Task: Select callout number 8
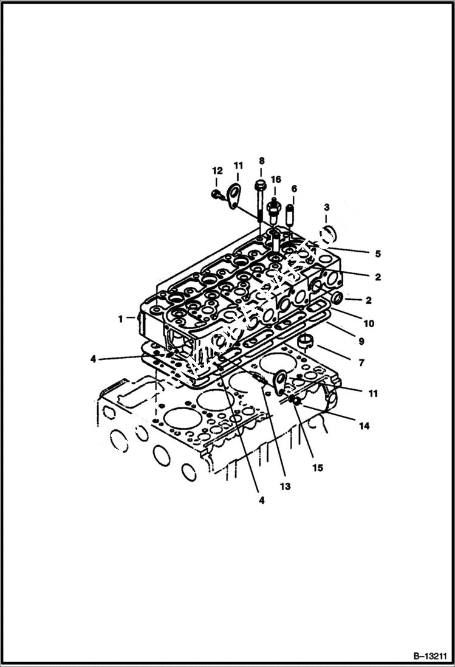tap(262, 161)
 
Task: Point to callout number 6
tap(294, 188)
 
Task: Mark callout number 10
tap(369, 323)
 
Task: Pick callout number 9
tap(361, 342)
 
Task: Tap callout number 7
tap(361, 362)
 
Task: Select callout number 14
tap(363, 426)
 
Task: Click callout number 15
tap(318, 468)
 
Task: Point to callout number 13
tap(285, 486)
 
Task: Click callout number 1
tap(120, 318)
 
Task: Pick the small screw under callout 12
tap(216, 195)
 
